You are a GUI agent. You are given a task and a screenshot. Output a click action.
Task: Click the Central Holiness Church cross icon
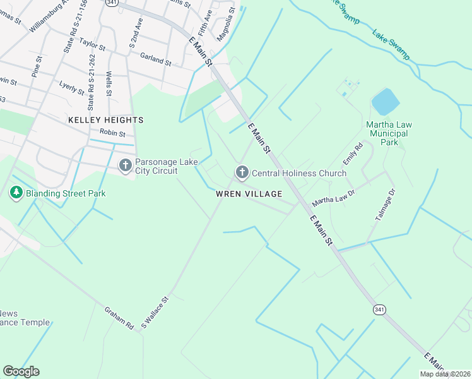(242, 172)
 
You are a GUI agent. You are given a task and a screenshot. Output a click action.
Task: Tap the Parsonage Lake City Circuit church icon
(125, 165)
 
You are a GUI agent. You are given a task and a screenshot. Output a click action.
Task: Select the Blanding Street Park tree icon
(16, 193)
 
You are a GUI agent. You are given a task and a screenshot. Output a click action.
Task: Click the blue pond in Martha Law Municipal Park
(385, 102)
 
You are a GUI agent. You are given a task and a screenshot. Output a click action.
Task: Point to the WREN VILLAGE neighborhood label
(249, 194)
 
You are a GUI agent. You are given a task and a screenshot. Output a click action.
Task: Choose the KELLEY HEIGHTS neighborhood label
(106, 119)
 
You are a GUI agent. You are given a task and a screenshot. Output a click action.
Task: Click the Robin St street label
(113, 134)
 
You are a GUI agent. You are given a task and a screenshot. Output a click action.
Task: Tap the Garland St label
(155, 59)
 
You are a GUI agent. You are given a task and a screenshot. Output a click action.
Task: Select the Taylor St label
(91, 44)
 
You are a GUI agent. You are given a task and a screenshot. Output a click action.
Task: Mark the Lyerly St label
(71, 87)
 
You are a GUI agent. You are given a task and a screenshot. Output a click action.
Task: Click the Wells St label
(109, 83)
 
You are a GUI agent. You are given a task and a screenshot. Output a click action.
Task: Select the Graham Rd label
(120, 317)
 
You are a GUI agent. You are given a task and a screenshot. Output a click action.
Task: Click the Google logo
(21, 371)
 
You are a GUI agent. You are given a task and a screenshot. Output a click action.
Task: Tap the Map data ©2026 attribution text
(445, 374)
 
